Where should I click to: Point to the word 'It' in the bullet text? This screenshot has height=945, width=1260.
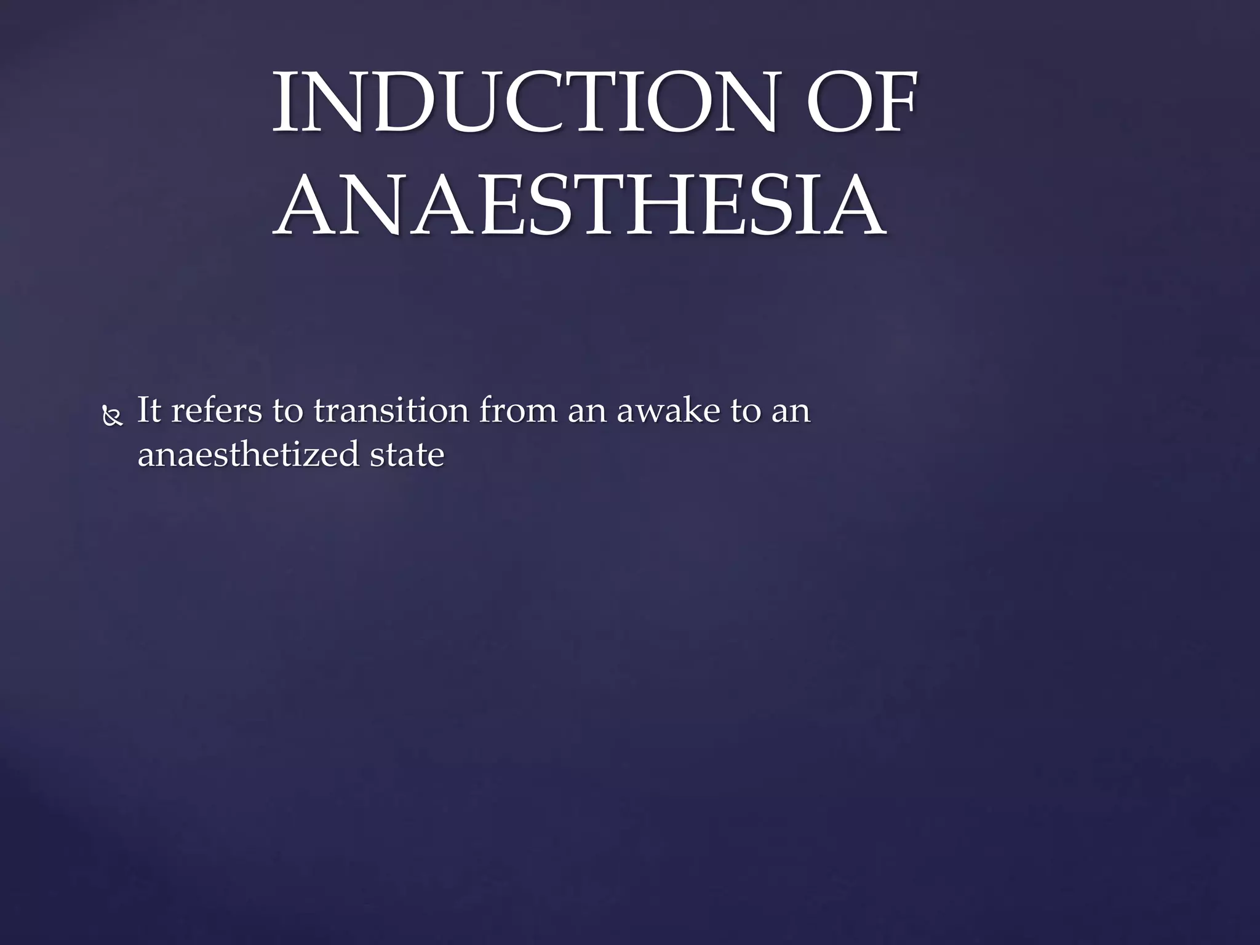(x=149, y=410)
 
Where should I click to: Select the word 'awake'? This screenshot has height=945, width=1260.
(x=668, y=410)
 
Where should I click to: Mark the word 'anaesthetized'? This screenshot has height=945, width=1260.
(x=248, y=455)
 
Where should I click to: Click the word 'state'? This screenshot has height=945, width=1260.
(x=407, y=455)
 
